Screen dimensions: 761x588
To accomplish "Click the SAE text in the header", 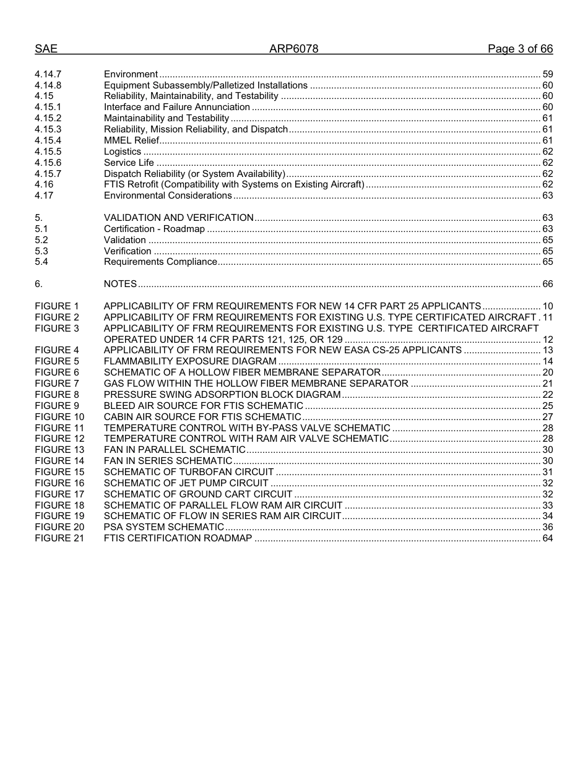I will coord(46,49).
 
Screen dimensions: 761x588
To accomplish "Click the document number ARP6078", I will coord(293,49).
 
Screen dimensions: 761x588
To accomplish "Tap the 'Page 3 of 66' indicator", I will coord(520,49).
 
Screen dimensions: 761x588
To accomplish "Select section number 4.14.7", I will coord(48,74).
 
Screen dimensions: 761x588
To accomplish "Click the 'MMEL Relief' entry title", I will coord(132,140).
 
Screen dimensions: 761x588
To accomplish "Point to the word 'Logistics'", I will coord(123,152).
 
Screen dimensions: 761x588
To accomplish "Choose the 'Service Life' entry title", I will coord(129,163).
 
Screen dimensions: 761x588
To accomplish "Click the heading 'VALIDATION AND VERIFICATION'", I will coord(178,218).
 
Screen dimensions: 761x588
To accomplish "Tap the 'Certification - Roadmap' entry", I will coord(154,229).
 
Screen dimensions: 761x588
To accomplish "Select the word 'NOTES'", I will coord(120,284).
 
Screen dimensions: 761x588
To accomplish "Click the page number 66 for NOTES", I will coord(547,284).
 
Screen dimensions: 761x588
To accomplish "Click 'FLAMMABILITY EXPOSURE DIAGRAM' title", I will coord(190,361).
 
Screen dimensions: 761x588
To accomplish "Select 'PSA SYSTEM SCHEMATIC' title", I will coord(164,527).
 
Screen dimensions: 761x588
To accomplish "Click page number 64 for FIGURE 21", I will coord(547,538).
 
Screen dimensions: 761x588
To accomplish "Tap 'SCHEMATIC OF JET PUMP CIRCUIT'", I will coord(186,483).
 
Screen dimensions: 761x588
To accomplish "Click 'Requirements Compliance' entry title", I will coord(160,262).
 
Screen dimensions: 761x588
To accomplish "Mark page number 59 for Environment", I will coord(547,74).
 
